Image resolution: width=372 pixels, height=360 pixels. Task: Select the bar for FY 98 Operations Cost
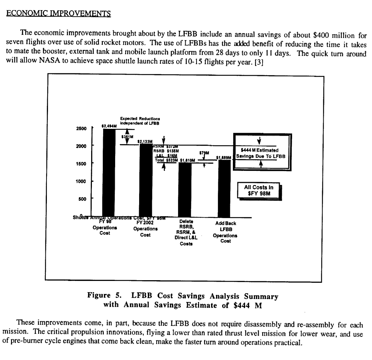[x=109, y=171]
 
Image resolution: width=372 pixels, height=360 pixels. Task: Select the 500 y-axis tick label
[x=82, y=199]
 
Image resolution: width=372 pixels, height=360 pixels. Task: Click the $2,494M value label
[x=109, y=126]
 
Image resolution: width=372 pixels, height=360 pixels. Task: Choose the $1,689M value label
[x=224, y=157]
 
